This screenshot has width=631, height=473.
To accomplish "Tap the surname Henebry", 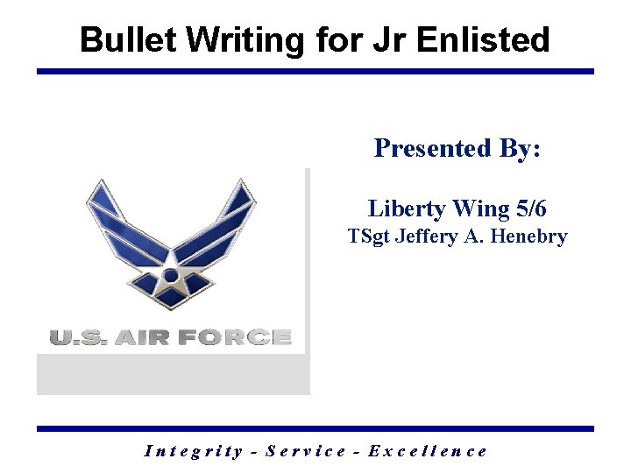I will (531, 236).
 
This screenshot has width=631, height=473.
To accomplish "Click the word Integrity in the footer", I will (192, 451).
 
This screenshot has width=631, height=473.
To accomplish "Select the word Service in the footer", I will (305, 451).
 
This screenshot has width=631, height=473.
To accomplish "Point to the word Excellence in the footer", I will (428, 451).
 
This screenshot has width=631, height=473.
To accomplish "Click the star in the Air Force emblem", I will (171, 278).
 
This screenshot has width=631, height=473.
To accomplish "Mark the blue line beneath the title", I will (315, 72).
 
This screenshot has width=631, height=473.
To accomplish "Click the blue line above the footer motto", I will (315, 428).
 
